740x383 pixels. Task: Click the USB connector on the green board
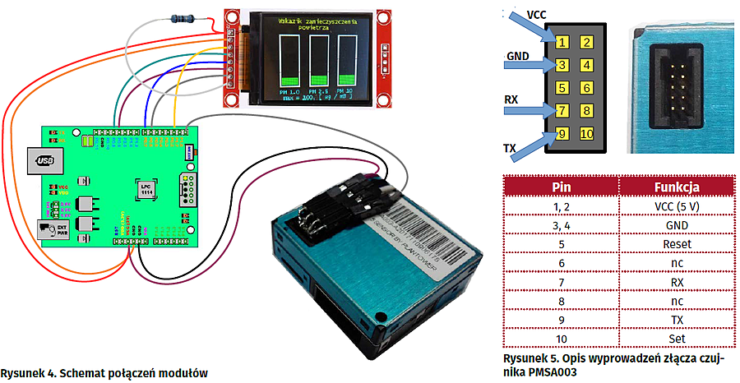pos(44,162)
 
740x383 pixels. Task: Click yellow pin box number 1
pos(561,42)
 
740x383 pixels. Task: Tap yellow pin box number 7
pos(561,110)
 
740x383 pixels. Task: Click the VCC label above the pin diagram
pos(537,15)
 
